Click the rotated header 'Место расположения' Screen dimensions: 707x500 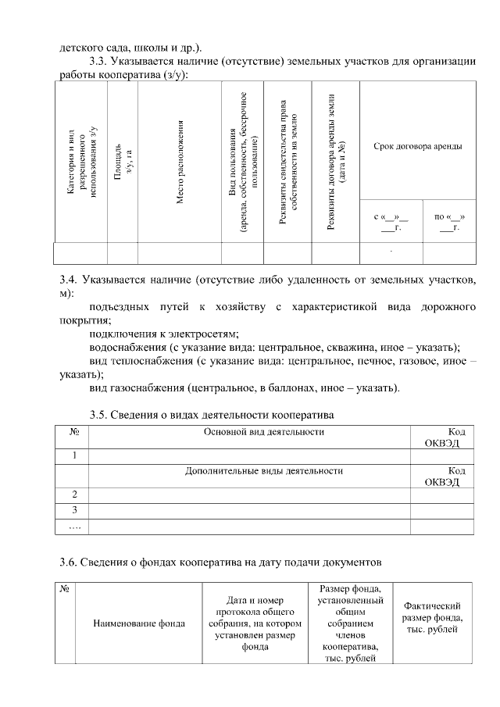180,162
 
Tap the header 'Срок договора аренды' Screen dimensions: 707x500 417,146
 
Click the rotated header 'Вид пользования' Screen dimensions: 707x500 243,162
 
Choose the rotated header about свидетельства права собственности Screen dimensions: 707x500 288,162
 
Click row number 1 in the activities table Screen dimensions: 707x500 74,455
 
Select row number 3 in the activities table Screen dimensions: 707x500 74,510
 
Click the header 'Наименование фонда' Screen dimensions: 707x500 139,623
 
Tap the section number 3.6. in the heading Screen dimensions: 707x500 72,562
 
